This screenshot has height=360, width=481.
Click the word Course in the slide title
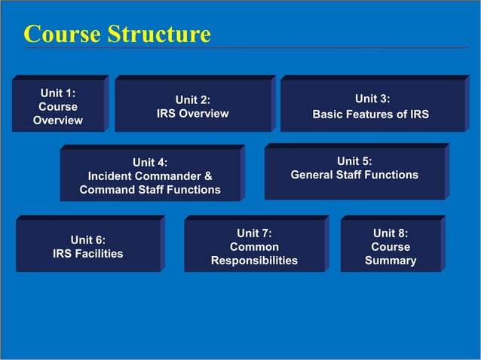coord(62,34)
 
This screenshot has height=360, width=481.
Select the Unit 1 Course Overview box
coord(58,105)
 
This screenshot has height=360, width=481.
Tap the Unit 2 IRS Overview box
coord(192,105)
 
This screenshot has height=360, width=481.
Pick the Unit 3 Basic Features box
coord(372,105)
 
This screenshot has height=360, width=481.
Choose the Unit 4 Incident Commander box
coord(150,175)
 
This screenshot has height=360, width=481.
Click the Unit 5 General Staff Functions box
coord(354,173)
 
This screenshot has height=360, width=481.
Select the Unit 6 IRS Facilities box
coord(88,246)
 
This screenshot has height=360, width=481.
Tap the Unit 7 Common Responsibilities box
coord(254,246)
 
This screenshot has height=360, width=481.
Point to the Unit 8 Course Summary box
coord(391,246)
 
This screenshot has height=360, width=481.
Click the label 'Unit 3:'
coord(372,99)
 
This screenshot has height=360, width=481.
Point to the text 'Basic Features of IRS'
coord(371,115)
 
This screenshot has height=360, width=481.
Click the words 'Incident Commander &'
coord(150,176)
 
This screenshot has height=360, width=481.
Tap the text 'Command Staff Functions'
coord(150,190)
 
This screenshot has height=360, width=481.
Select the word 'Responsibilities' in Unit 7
coord(254,261)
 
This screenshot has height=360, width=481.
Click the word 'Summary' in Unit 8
coord(391,261)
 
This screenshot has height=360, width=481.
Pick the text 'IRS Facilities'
coord(88,254)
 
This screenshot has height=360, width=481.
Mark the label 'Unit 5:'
coord(354,160)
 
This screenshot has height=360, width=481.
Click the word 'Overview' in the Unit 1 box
coord(58,121)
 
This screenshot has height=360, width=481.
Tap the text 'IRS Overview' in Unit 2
coord(192,114)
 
